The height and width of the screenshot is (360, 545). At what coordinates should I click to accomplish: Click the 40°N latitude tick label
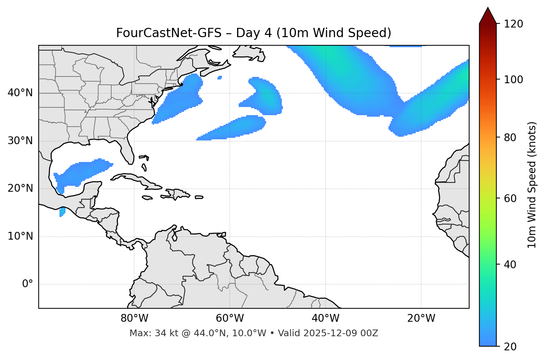tap(20, 93)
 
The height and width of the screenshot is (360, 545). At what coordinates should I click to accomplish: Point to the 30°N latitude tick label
tap(20, 141)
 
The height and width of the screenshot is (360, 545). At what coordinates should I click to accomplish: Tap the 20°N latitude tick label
tap(20, 188)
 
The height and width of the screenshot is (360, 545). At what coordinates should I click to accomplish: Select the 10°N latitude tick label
tap(20, 236)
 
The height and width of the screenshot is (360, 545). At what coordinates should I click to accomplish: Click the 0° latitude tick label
tap(28, 284)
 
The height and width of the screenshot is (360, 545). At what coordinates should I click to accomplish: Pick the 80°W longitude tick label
tap(134, 318)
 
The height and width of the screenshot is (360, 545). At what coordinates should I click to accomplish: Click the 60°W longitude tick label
tap(230, 318)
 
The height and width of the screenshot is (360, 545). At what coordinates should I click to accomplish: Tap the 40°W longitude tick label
tap(325, 318)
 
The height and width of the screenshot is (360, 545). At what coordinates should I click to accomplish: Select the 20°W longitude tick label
tap(421, 318)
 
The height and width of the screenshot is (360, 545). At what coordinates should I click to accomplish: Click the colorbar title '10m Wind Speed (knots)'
tap(532, 185)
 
